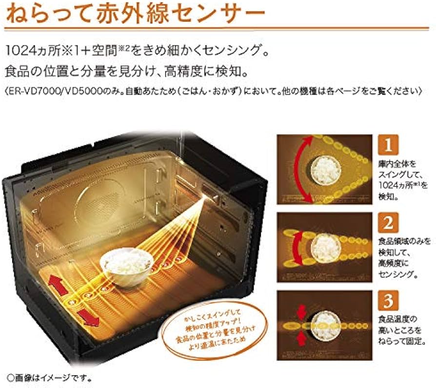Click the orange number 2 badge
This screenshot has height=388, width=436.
[389, 223]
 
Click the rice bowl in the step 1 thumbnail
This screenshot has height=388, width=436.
[326, 170]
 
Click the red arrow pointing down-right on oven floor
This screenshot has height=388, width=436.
[88, 317]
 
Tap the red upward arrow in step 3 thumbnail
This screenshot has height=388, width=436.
[301, 338]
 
